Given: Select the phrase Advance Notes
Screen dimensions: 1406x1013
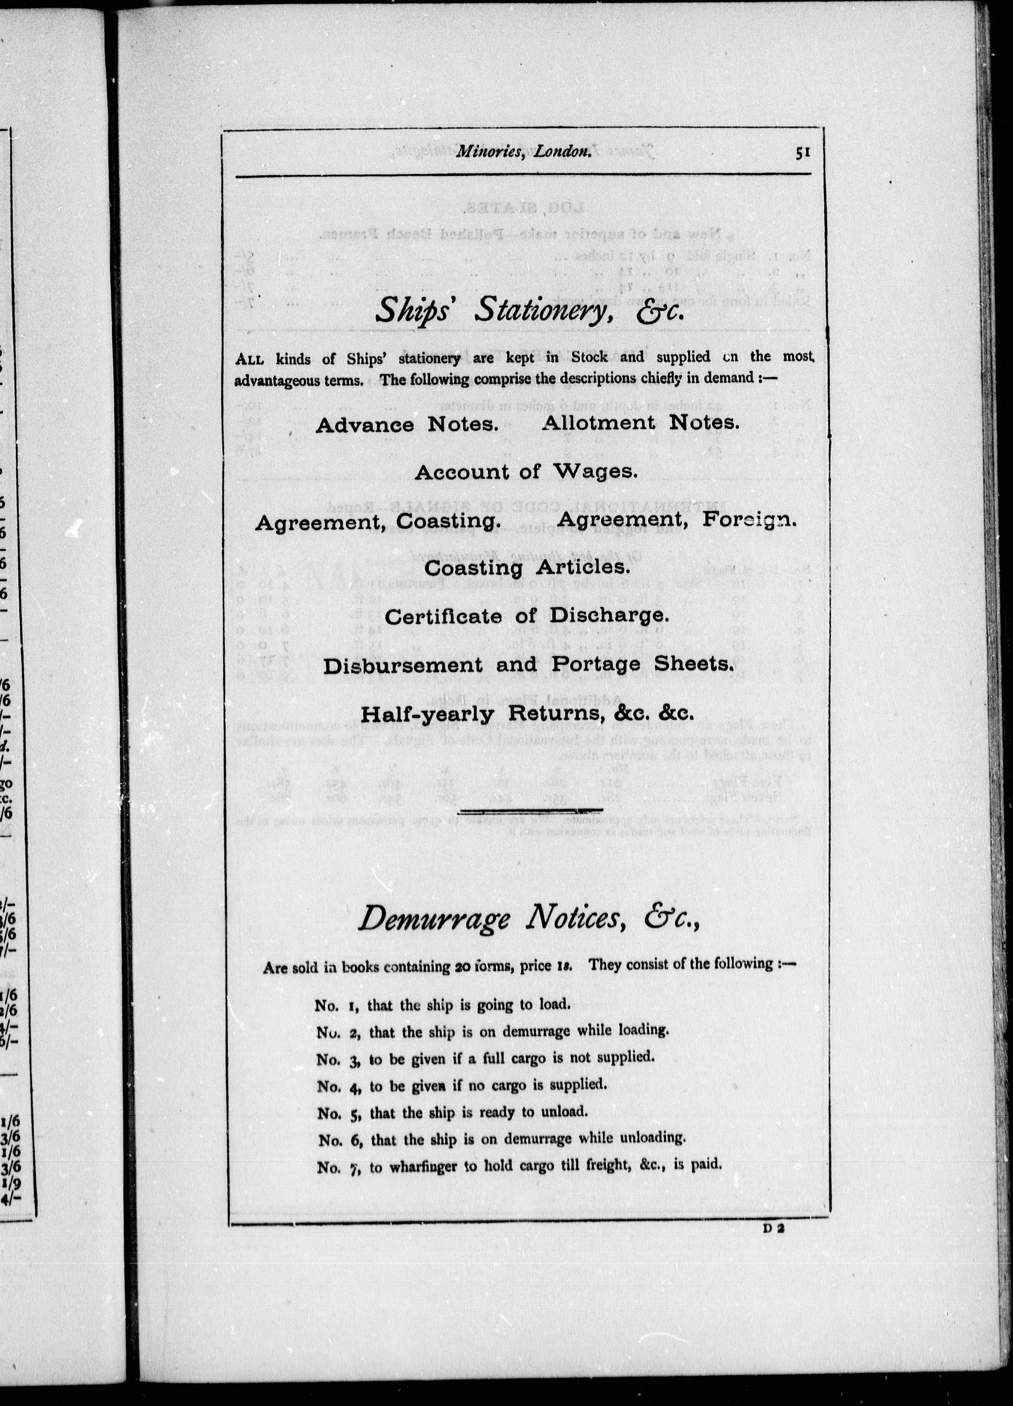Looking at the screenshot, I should (x=407, y=425).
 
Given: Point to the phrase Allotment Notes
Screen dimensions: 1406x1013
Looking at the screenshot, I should (x=641, y=423).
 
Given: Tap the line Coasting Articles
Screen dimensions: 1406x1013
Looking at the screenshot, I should (x=527, y=567).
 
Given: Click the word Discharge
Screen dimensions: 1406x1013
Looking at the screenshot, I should (x=609, y=616).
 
